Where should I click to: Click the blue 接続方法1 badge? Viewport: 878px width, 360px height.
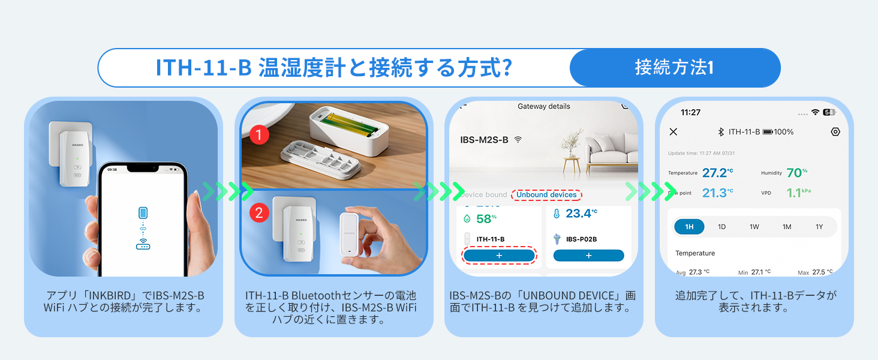674,68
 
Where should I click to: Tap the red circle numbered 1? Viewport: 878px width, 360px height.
258,136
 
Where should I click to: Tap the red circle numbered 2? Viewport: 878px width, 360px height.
258,212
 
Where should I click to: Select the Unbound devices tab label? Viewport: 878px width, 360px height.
546,195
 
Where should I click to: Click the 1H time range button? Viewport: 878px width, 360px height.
689,227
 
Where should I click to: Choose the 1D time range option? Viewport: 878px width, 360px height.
722,227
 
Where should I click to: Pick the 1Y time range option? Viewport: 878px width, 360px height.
819,227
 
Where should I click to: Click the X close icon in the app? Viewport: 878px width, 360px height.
673,132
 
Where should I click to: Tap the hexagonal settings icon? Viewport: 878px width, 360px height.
835,132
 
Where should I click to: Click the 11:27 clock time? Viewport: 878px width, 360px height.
690,112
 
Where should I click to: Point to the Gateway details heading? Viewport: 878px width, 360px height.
543,107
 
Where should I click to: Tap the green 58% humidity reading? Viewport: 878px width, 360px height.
486,218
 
